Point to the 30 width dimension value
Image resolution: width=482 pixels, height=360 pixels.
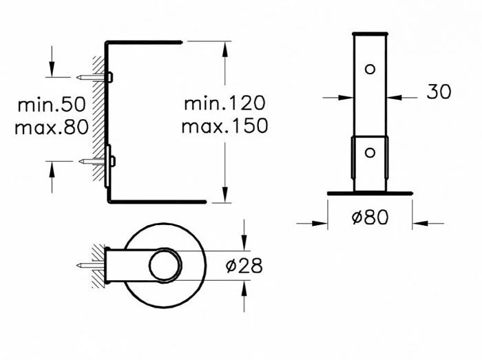coord(439,91)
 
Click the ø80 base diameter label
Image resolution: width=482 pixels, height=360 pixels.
coord(370,218)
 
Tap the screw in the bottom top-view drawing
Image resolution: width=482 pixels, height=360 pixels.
coord(90,264)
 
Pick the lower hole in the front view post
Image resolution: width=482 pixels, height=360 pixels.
coord(370,152)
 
